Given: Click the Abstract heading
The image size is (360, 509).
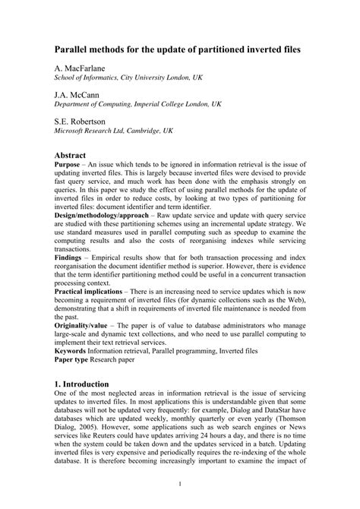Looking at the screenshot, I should (x=75, y=154).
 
